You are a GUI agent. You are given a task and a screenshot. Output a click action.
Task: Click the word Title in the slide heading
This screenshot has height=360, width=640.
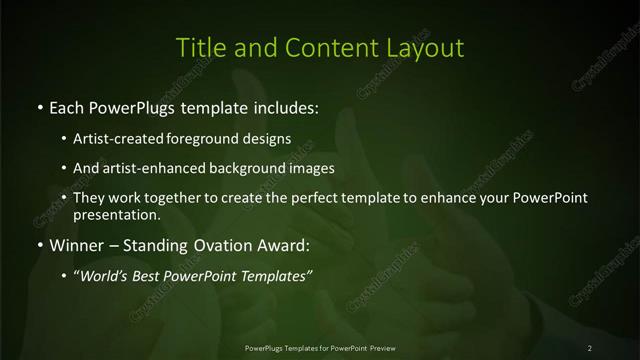tap(200, 47)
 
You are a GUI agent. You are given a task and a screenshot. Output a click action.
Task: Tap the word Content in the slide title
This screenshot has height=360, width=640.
tap(325, 47)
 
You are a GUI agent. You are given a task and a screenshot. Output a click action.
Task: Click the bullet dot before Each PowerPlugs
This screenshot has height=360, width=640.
tap(39, 105)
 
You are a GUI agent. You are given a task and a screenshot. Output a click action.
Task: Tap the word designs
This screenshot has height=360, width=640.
tap(268, 140)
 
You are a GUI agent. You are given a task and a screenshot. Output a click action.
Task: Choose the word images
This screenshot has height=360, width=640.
tap(309, 168)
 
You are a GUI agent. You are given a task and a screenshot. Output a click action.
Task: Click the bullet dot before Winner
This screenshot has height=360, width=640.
tap(39, 246)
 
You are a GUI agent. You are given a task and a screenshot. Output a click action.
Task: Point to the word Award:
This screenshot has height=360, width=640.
tap(287, 246)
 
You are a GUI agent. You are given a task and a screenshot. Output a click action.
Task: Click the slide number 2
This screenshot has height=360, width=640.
tap(590, 348)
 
